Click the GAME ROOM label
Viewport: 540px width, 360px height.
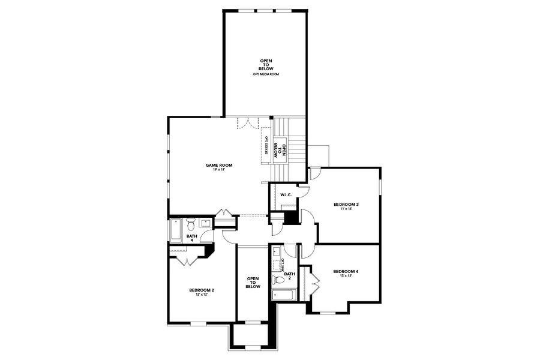(x=219, y=165)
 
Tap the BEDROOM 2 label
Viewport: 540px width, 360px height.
(x=202, y=290)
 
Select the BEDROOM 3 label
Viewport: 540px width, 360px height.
(x=346, y=205)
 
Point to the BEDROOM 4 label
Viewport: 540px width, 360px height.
(x=346, y=271)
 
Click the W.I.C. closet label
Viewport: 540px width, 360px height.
(x=286, y=194)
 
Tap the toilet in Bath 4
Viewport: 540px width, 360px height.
(x=191, y=225)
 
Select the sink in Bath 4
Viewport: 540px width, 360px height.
(x=205, y=223)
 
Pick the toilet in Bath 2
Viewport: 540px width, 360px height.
(x=278, y=280)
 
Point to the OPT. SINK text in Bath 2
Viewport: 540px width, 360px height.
(x=283, y=264)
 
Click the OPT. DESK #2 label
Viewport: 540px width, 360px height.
(x=266, y=146)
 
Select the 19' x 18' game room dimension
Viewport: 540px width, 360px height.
(x=219, y=170)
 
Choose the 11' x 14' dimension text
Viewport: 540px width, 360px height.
(x=346, y=209)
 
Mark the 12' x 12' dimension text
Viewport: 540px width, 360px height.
(x=202, y=295)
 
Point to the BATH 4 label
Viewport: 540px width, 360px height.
(x=191, y=238)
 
